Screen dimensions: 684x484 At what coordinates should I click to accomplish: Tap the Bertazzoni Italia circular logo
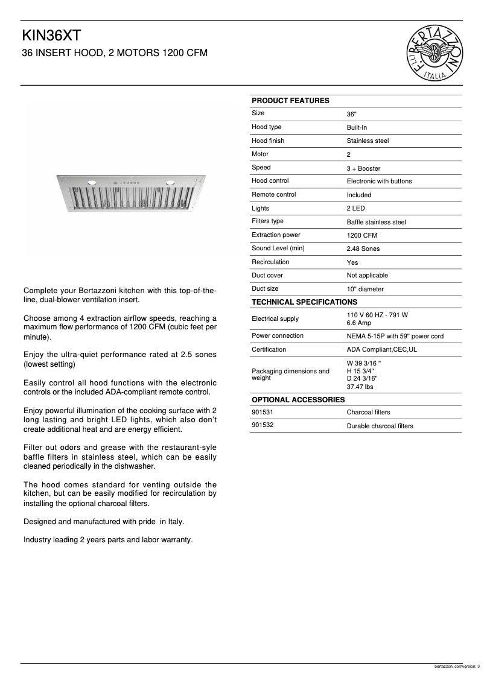436,53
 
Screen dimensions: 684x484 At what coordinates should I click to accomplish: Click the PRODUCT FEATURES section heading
290,101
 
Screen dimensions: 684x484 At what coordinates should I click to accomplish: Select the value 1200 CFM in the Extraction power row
362,235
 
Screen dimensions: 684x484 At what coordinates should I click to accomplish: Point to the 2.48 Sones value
363,249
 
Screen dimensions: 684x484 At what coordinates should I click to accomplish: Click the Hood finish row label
268,141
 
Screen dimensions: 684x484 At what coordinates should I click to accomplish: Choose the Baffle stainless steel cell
376,222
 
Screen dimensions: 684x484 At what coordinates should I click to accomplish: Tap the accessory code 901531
262,413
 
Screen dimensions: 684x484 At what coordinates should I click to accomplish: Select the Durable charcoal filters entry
380,426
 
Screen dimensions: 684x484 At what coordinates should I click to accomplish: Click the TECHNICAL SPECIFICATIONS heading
304,302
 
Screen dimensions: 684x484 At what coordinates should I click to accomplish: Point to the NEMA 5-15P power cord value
395,336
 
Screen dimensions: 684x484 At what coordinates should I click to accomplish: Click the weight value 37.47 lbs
360,387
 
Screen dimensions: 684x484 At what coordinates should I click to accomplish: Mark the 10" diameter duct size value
365,289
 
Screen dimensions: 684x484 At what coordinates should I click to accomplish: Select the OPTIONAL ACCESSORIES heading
298,399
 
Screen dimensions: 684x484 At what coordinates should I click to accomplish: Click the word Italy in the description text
176,521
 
